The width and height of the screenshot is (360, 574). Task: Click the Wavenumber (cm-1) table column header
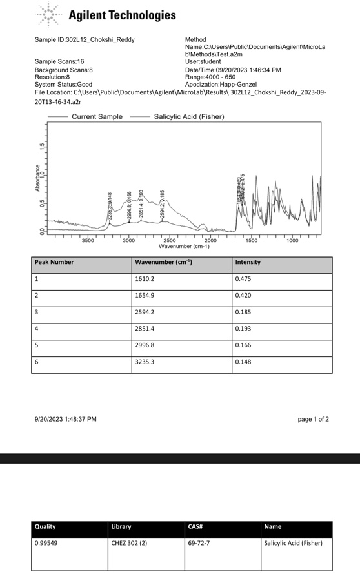click(x=163, y=263)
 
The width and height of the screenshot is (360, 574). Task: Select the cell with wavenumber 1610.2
click(x=148, y=280)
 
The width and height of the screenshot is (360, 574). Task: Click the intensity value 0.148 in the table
click(x=248, y=363)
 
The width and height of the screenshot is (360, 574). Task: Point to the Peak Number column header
click(x=54, y=263)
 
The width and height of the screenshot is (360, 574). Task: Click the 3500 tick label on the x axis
click(x=88, y=241)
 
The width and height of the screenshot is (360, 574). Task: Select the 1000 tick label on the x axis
click(x=292, y=241)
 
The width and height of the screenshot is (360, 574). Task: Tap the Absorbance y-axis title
click(x=37, y=178)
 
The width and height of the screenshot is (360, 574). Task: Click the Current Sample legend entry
click(x=97, y=117)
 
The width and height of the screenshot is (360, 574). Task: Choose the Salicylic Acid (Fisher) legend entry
click(x=188, y=117)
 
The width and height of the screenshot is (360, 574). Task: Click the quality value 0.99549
click(x=46, y=543)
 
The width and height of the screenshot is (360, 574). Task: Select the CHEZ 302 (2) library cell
click(x=129, y=543)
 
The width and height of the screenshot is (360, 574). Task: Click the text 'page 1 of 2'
click(x=313, y=419)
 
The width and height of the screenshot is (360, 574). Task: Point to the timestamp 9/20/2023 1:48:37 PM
click(x=65, y=419)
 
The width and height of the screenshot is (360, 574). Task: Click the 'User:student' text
click(x=203, y=62)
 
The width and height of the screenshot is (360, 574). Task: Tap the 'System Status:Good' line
click(x=63, y=84)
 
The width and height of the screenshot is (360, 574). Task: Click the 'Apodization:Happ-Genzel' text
click(x=221, y=84)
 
